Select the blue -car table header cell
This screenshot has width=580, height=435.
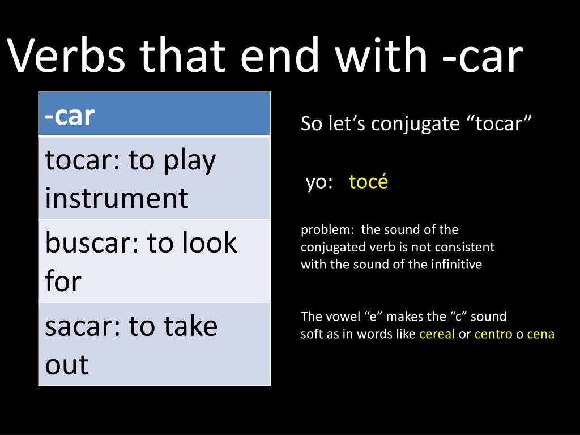155,115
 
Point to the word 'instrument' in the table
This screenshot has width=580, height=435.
116,198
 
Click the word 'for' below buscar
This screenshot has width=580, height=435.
63,281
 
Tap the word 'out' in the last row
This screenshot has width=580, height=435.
67,364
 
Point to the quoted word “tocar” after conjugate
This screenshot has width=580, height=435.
500,123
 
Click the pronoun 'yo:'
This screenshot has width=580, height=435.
319,182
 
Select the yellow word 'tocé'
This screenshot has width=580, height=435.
368,182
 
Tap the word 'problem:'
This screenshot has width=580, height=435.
327,230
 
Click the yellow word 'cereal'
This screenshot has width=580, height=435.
437,334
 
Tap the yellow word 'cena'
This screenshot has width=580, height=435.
540,334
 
